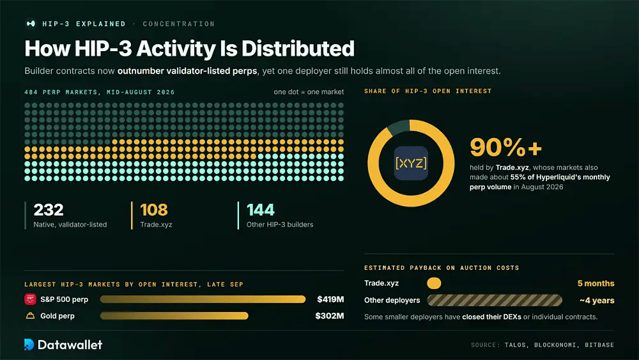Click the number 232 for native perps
pos(49,210)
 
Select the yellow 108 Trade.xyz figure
pos(153,210)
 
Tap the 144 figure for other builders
pos(261,210)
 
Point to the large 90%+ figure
pos(505,147)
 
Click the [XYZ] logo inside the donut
pos(411,163)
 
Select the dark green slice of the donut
pos(398,127)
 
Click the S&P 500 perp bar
pos(203,299)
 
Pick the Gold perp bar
pos(174,316)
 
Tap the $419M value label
pos(330,299)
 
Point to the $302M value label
pos(330,316)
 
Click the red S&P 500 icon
pos(30,299)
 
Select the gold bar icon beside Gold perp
pos(30,316)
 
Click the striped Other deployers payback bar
pos(495,301)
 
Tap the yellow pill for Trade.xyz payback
pos(434,283)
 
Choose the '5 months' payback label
pos(596,283)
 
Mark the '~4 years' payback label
pos(597,301)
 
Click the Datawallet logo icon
pos(29,345)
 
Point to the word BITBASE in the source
pos(599,345)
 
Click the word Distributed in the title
pos(298,49)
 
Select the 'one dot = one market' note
pos(309,91)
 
